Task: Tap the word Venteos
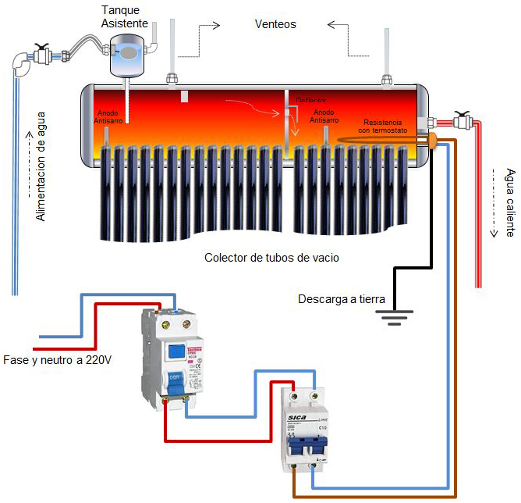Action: click(275, 24)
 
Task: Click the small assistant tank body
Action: click(126, 56)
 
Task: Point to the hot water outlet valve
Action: click(464, 122)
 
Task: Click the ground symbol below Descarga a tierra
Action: click(395, 316)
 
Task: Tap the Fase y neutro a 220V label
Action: click(58, 360)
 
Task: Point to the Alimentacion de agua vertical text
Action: click(41, 166)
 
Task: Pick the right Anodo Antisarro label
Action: click(323, 117)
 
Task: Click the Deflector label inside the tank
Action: click(310, 101)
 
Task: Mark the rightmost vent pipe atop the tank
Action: click(386, 55)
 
